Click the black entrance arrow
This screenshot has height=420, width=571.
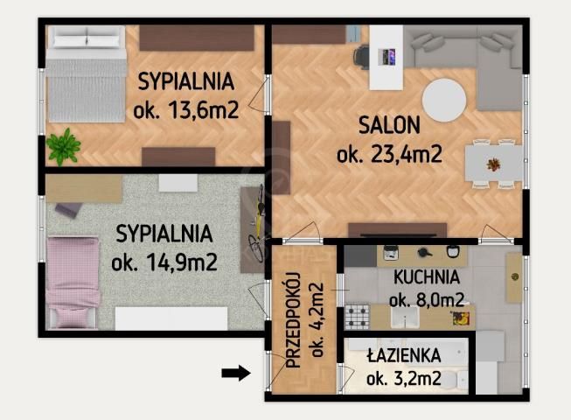click(x=235, y=374)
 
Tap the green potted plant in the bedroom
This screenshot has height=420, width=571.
click(x=63, y=146)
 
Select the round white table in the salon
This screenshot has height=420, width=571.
click(x=444, y=101)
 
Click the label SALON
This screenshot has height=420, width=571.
click(x=389, y=125)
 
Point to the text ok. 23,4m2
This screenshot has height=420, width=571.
click(x=389, y=155)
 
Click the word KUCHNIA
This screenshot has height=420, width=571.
click(x=426, y=278)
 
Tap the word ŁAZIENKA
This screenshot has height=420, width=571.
click(x=404, y=356)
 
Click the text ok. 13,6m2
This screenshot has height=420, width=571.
click(x=185, y=111)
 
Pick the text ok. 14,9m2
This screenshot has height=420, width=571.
click(x=164, y=262)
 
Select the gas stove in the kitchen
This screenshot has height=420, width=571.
click(x=359, y=316)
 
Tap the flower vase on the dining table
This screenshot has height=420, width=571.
click(x=494, y=164)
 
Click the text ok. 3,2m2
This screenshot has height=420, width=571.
click(x=403, y=379)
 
